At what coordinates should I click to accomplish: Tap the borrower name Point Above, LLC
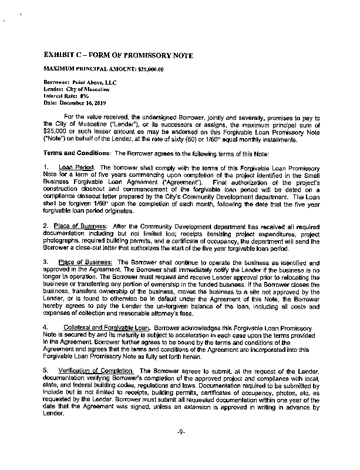[x=88, y=83]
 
